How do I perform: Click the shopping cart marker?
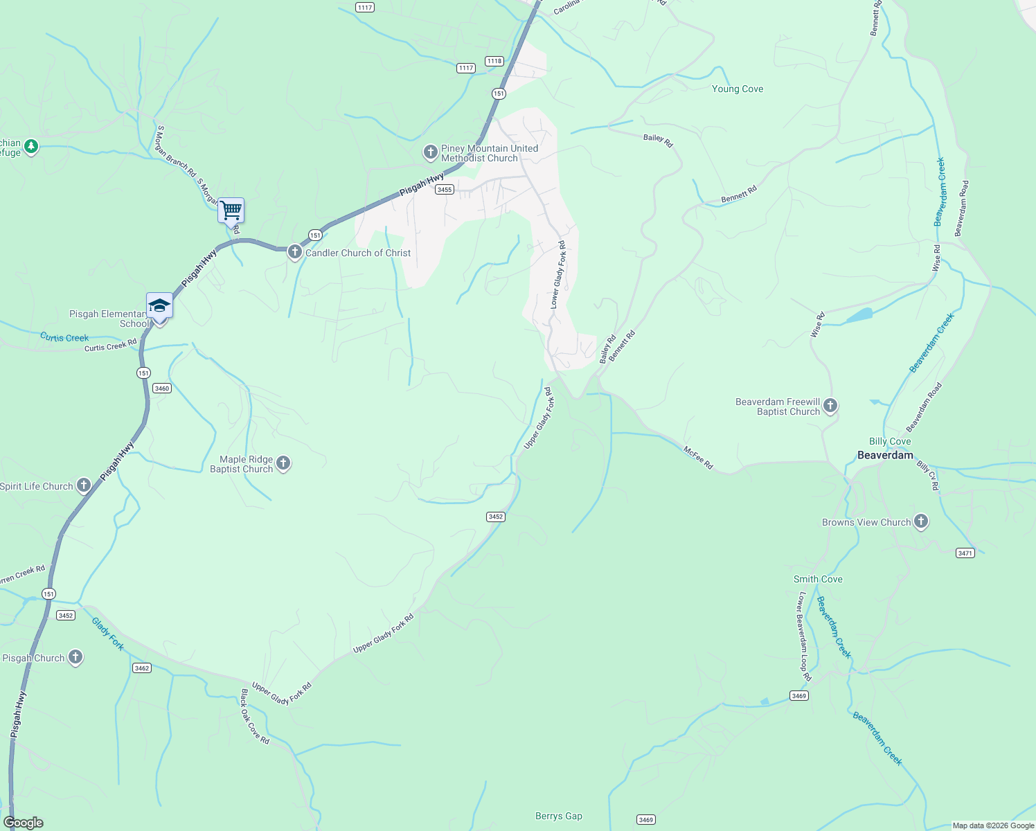pyautogui.click(x=231, y=210)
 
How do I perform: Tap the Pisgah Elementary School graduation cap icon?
pyautogui.click(x=159, y=305)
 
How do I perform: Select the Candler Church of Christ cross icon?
pyautogui.click(x=294, y=252)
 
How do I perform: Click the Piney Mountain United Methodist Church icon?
pyautogui.click(x=430, y=152)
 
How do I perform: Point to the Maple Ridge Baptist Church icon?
pyautogui.click(x=283, y=463)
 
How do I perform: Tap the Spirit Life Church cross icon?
pyautogui.click(x=84, y=485)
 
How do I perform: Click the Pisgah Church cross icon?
pyautogui.click(x=75, y=657)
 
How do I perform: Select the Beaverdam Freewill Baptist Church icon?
pyautogui.click(x=830, y=406)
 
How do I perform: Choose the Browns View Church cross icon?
pyautogui.click(x=920, y=521)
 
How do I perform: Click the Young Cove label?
pyautogui.click(x=738, y=89)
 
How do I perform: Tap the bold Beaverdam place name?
pyautogui.click(x=885, y=455)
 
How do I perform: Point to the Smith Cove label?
pyautogui.click(x=818, y=579)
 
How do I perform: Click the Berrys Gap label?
pyautogui.click(x=559, y=816)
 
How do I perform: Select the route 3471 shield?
pyautogui.click(x=965, y=553)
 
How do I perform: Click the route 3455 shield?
pyautogui.click(x=445, y=190)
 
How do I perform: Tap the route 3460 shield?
pyautogui.click(x=162, y=388)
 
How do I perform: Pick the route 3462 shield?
pyautogui.click(x=141, y=668)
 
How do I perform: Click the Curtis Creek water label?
pyautogui.click(x=64, y=337)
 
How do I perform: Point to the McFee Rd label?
pyautogui.click(x=698, y=457)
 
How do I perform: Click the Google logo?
pyautogui.click(x=23, y=823)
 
